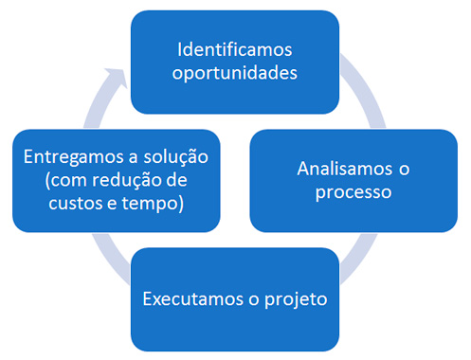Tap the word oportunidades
233,72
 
